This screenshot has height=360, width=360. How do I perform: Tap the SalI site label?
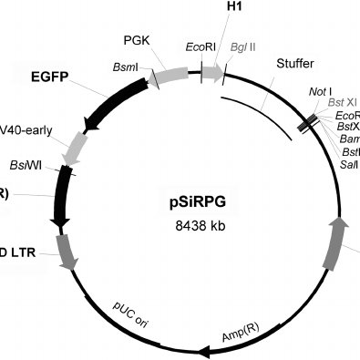(x=350, y=165)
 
